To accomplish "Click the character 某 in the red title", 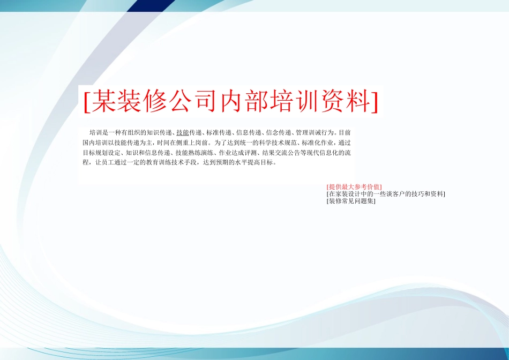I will (x=102, y=101).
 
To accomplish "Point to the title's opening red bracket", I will (x=86, y=101).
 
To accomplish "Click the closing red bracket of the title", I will (x=374, y=101).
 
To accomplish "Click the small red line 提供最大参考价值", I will (x=354, y=187).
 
